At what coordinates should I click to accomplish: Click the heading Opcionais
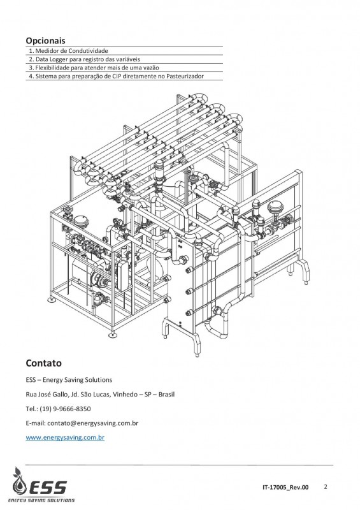tap(45, 41)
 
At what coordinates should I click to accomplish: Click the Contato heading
tap(43, 363)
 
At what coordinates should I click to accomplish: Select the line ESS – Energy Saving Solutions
tap(69, 379)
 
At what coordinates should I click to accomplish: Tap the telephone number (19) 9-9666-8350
tap(65, 409)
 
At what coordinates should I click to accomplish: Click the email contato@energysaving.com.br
tap(92, 423)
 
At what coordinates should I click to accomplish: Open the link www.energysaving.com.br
tap(65, 437)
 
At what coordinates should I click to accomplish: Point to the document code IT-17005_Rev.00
tap(285, 487)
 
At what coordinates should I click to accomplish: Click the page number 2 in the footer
tap(326, 487)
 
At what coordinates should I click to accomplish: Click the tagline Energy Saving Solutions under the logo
tap(41, 500)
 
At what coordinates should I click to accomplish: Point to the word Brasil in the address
tap(166, 394)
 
